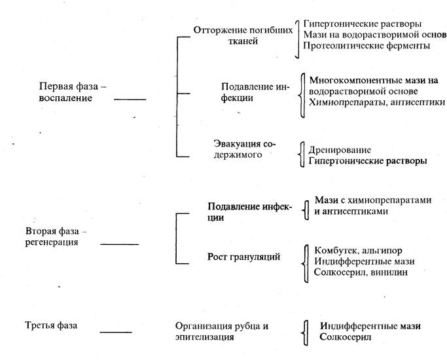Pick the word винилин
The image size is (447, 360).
(x=391, y=272)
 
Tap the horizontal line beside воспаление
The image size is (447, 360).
(x=130, y=99)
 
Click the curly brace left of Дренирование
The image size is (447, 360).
(x=302, y=154)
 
